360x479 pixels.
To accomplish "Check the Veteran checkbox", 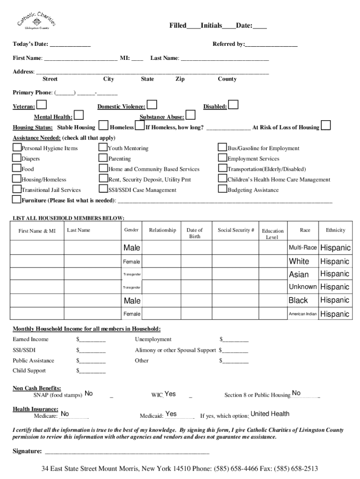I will pyautogui.click(x=42, y=104).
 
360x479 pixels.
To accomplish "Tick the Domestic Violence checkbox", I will pyautogui.click(x=151, y=104).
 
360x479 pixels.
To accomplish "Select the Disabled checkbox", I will pyautogui.click(x=233, y=104).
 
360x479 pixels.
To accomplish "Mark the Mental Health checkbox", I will pyautogui.click(x=79, y=115).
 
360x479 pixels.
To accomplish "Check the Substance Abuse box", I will pyautogui.click(x=191, y=115).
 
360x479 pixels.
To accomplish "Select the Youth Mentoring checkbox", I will pyautogui.click(x=103, y=148).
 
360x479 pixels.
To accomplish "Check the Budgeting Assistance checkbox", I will pyautogui.click(x=223, y=189).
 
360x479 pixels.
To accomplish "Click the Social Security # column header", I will pyautogui.click(x=236, y=230).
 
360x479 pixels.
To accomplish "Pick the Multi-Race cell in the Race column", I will pyautogui.click(x=302, y=247).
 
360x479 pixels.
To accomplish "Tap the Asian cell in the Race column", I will pyautogui.click(x=299, y=274).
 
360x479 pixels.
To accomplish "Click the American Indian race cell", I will pyautogui.click(x=302, y=314).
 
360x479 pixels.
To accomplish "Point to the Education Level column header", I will pyautogui.click(x=273, y=234).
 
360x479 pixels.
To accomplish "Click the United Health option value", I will pyautogui.click(x=270, y=414).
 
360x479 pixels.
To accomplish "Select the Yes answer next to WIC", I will pyautogui.click(x=170, y=394).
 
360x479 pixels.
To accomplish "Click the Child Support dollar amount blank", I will pyautogui.click(x=93, y=371).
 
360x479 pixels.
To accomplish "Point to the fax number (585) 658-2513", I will pyautogui.click(x=290, y=469).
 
